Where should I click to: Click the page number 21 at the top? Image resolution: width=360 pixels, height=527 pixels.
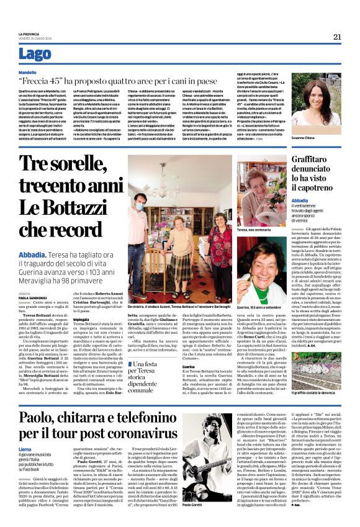[336, 37]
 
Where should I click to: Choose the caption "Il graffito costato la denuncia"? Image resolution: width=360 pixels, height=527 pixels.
[307, 377]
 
